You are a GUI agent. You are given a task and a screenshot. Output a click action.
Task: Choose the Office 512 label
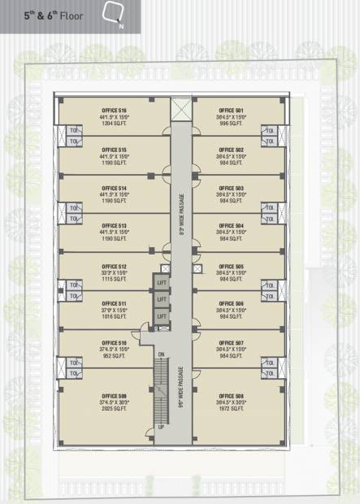[114, 267]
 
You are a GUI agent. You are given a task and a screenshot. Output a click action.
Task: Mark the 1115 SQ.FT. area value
[114, 280]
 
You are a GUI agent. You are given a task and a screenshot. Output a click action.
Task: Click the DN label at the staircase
[161, 354]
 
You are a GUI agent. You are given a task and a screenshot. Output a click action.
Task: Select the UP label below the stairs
[161, 427]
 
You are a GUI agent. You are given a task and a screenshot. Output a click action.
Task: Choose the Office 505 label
[231, 267]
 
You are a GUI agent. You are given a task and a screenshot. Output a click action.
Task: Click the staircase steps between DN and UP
[161, 390]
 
